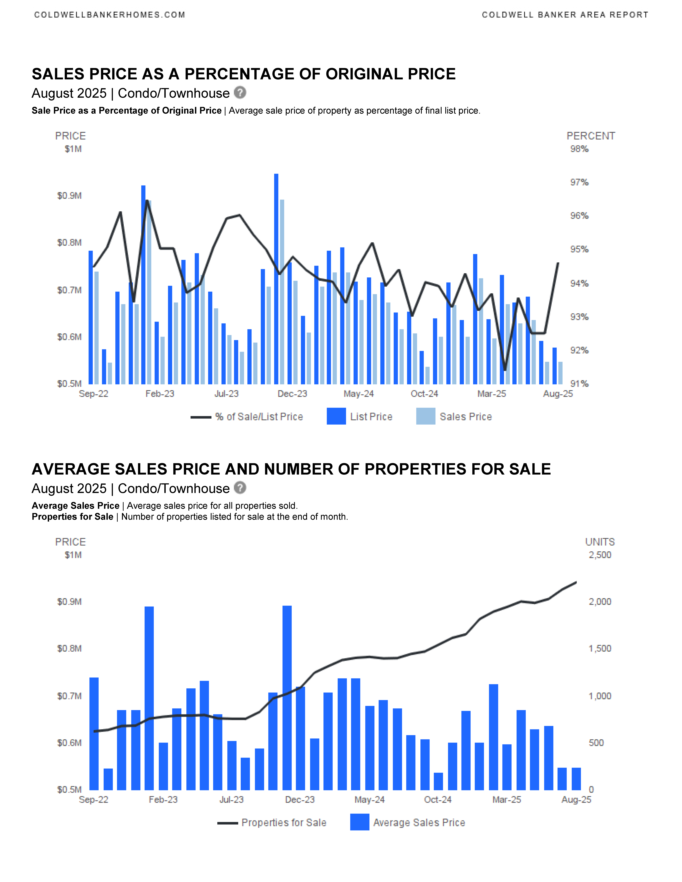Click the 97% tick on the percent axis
579,183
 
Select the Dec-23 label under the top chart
292,394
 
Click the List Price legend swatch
336,416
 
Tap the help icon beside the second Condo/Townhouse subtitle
240,488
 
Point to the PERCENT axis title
591,136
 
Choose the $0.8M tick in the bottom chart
70,649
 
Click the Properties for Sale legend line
227,823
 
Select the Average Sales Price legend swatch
360,822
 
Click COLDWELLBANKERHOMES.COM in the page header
110,15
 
